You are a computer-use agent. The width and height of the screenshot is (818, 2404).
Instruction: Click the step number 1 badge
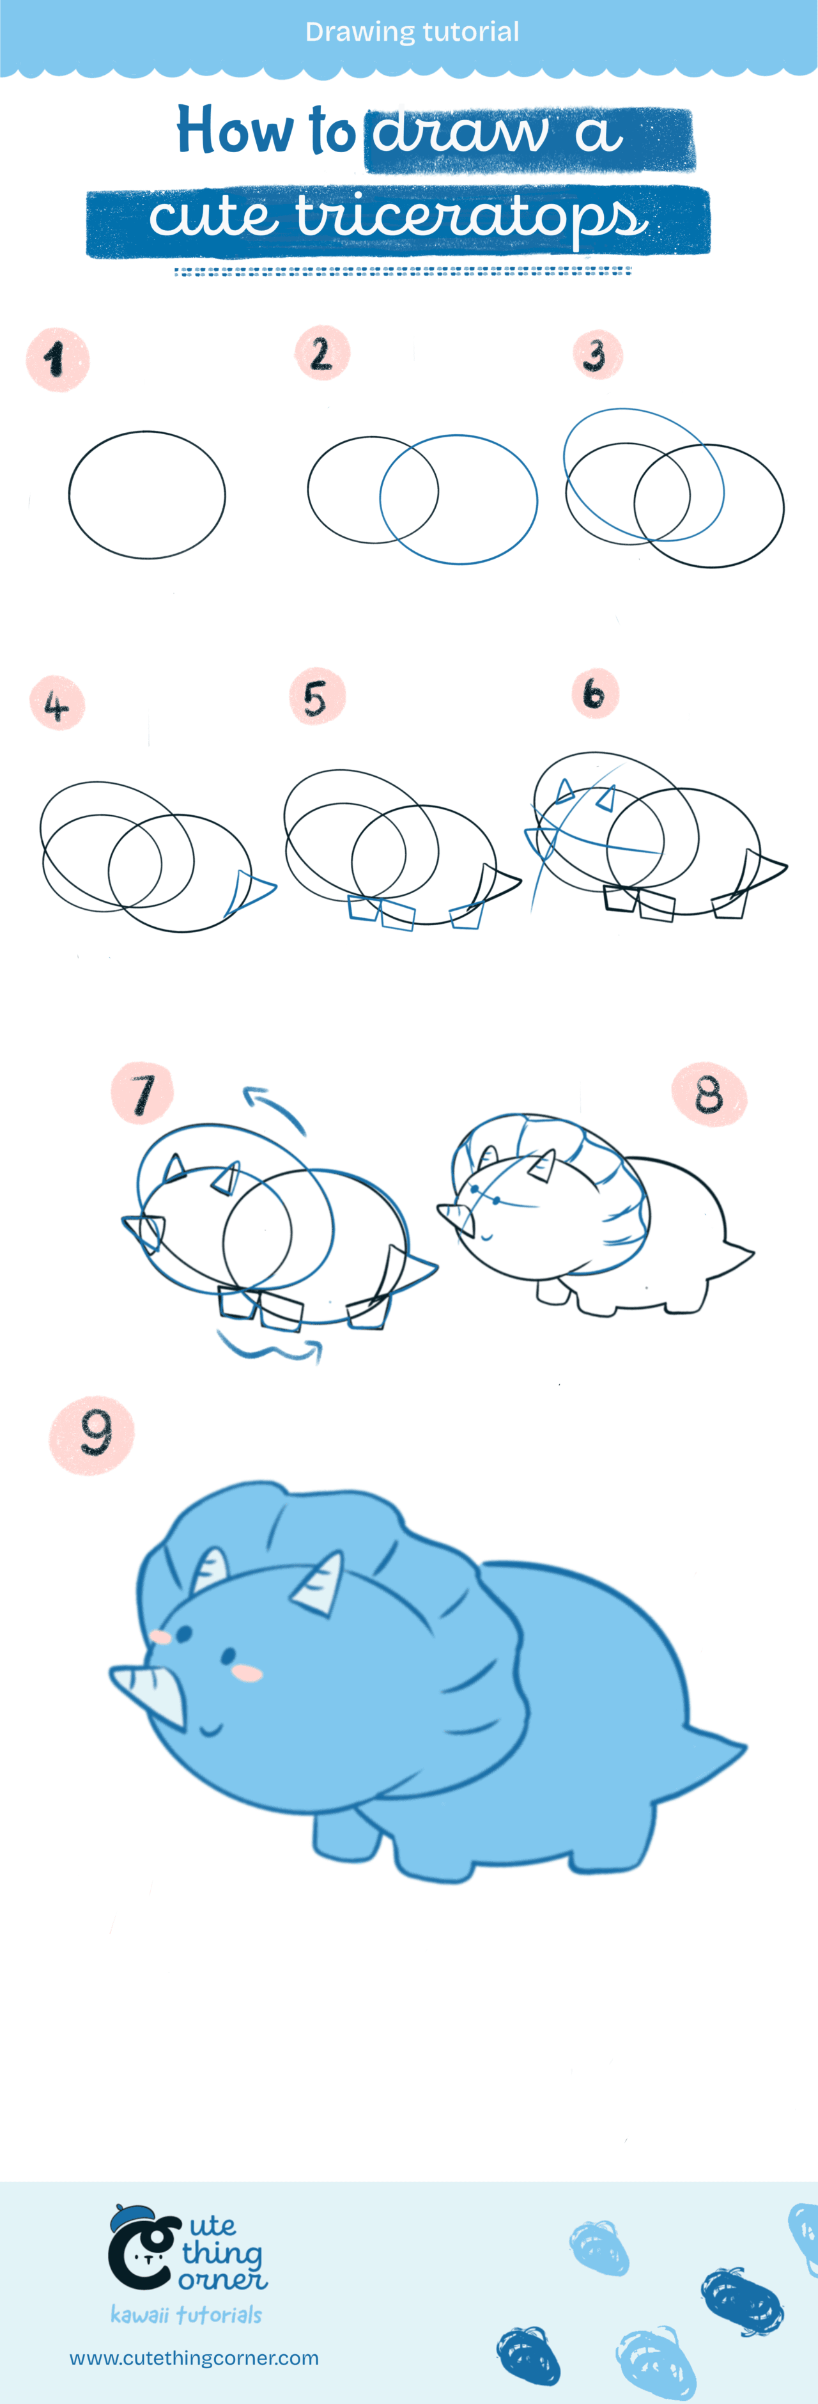point(57,359)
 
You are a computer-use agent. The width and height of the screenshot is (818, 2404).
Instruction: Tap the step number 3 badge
point(596,355)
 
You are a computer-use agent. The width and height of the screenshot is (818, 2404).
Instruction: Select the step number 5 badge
point(317,697)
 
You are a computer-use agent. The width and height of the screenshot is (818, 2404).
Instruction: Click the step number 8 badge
point(709,1094)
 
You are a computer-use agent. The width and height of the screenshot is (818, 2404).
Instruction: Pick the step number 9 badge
point(92,1434)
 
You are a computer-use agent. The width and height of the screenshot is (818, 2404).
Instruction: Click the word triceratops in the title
point(471,219)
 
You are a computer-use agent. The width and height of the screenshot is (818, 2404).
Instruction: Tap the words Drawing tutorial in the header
point(412,32)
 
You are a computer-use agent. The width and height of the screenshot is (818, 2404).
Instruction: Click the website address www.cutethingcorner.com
point(194,2358)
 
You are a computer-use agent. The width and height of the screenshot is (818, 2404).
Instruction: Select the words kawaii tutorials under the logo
point(185,2314)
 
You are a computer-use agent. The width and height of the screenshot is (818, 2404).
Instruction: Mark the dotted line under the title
point(403,272)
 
